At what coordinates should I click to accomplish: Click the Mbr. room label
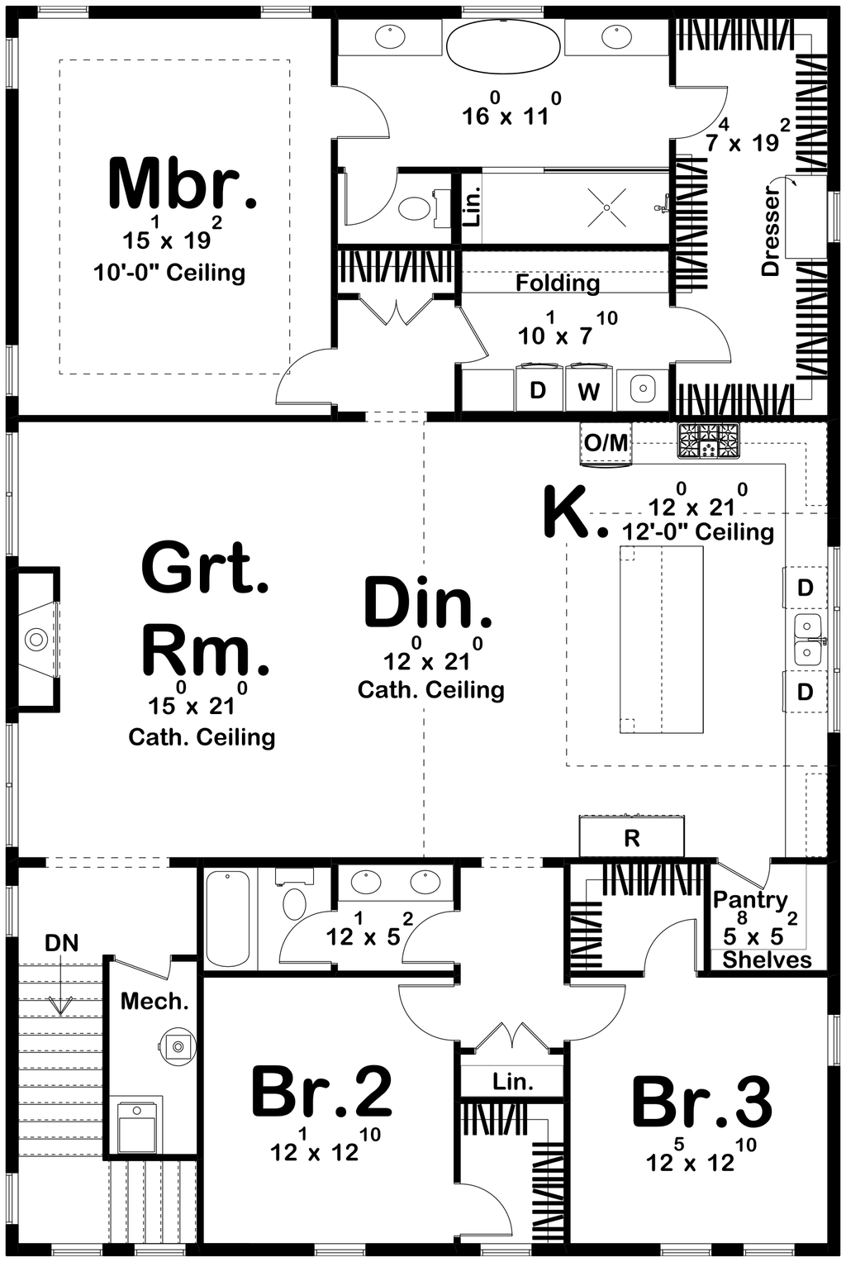[x=183, y=183]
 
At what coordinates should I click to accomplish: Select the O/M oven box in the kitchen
[x=606, y=443]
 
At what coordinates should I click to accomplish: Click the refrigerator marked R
[x=632, y=837]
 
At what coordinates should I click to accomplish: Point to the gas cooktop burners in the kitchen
[x=709, y=441]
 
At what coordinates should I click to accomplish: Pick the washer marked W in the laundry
[x=589, y=389]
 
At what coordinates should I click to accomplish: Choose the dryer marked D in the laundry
[x=538, y=389]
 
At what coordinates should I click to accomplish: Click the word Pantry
[x=750, y=899]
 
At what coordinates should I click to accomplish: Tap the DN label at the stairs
[x=62, y=943]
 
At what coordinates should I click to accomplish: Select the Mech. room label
[x=154, y=1002]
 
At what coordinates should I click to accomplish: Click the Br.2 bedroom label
[x=321, y=1093]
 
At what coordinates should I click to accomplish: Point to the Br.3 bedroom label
[x=702, y=1102]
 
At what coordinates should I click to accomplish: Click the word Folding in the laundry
[x=558, y=283]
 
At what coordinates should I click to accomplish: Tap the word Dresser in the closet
[x=770, y=231]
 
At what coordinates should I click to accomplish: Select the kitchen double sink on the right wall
[x=807, y=640]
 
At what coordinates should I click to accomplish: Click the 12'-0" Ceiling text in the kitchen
[x=698, y=531]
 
